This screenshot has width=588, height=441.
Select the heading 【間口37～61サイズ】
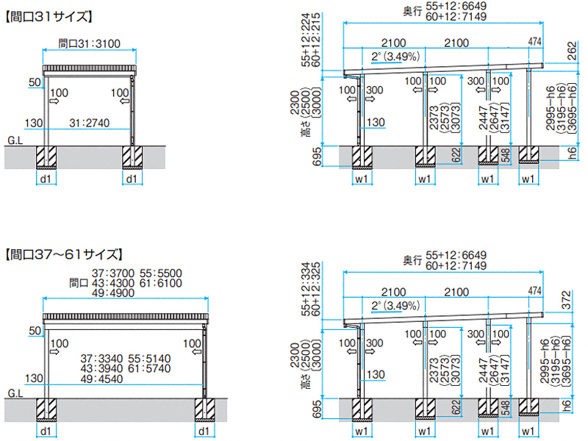click(x=63, y=255)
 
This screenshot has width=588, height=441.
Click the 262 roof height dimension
click(x=573, y=50)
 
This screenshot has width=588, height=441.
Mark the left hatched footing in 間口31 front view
click(x=46, y=156)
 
